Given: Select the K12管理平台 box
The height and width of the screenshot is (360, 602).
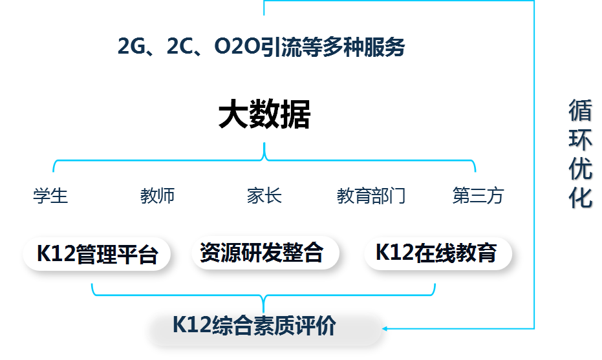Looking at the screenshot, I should coord(97,254).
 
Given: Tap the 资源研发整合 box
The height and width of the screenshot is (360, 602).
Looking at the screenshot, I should coord(265,252).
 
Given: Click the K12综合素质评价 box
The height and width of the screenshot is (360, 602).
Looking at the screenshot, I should coord(263,328).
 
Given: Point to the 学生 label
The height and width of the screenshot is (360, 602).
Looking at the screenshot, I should coord(50,196).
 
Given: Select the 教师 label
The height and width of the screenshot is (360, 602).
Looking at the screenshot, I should coord(157,196).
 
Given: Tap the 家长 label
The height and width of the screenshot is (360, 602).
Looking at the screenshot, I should coord(264,196).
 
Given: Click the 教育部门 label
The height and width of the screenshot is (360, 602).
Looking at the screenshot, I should coord(371,196).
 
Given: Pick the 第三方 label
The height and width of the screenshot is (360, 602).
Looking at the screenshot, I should coord(477,196).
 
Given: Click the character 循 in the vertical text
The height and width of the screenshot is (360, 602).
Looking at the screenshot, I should coord(580,111).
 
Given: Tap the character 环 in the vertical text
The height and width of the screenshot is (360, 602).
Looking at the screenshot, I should coord(580,140).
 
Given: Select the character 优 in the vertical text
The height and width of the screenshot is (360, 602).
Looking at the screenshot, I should coord(580,169).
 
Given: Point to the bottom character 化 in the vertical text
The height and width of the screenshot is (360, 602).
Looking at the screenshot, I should coord(580,197).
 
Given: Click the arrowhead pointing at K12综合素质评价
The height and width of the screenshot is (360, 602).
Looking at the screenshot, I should coord(386,328).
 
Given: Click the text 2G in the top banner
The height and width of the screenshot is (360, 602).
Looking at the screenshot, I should coord(130,47).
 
